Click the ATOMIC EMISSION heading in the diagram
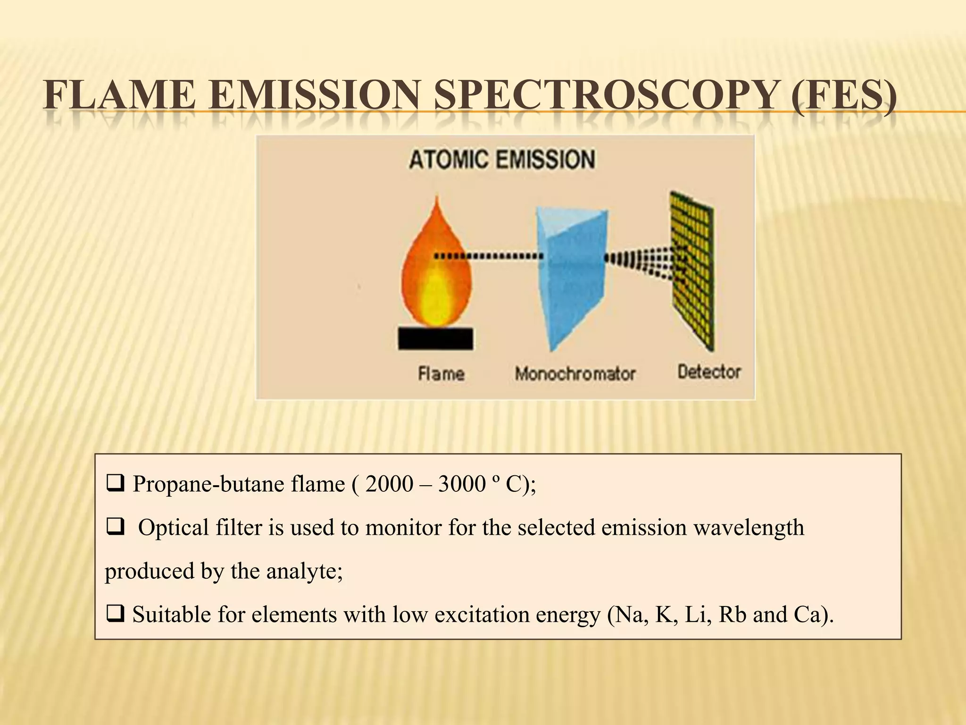coord(501,160)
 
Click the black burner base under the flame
coord(435,338)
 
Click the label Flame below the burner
coord(441,374)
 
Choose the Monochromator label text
coord(575,374)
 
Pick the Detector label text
coord(709,372)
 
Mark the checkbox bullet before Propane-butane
coord(116,484)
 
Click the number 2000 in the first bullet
coord(389,484)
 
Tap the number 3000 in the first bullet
coord(462,484)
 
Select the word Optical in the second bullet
coord(173,528)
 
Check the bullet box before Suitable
coord(116,615)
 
